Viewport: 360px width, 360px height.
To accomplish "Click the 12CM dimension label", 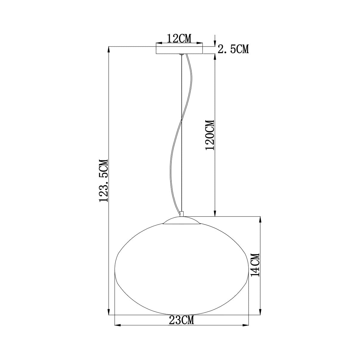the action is click(179, 39).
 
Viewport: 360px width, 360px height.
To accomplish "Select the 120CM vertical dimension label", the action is click(210, 135).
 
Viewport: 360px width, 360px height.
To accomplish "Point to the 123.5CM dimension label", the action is click(104, 181).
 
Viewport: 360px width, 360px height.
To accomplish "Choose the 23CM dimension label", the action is click(181, 320).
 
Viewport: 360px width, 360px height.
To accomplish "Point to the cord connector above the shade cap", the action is click(181, 214).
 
